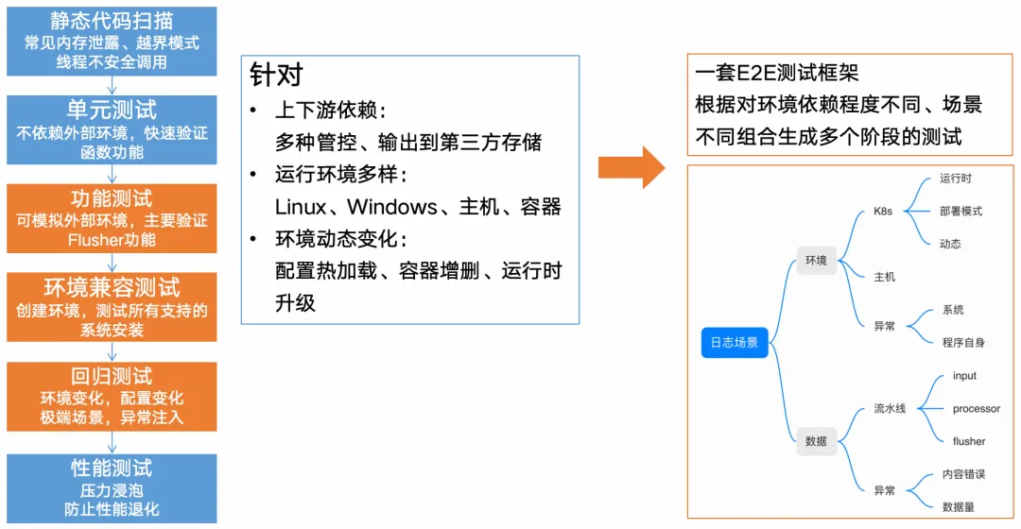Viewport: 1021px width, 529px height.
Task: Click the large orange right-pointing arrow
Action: pos(631,167)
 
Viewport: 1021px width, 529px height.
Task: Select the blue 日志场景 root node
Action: pos(735,342)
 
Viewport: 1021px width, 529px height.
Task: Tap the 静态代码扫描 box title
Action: pos(112,20)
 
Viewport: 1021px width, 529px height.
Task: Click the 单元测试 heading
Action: pos(112,110)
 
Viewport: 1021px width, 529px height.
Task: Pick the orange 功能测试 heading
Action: pos(112,198)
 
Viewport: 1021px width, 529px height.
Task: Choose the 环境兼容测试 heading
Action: pos(112,287)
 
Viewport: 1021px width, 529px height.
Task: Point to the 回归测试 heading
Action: pos(112,376)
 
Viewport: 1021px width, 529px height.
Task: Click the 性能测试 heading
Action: pos(112,468)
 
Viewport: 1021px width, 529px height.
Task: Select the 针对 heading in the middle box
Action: pos(276,75)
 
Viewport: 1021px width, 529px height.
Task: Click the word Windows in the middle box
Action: pos(392,207)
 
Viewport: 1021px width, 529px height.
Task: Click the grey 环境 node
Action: pos(816,261)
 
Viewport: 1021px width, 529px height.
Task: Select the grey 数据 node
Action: pos(816,440)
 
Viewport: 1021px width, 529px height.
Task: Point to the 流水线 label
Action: pos(890,409)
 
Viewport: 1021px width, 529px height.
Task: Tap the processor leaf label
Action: pos(976,409)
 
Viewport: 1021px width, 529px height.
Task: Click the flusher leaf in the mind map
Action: pos(968,441)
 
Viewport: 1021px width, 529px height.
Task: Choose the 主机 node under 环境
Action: pos(885,277)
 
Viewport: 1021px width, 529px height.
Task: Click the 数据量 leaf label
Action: pos(958,507)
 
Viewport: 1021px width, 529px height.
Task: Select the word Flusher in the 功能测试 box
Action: pos(95,240)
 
